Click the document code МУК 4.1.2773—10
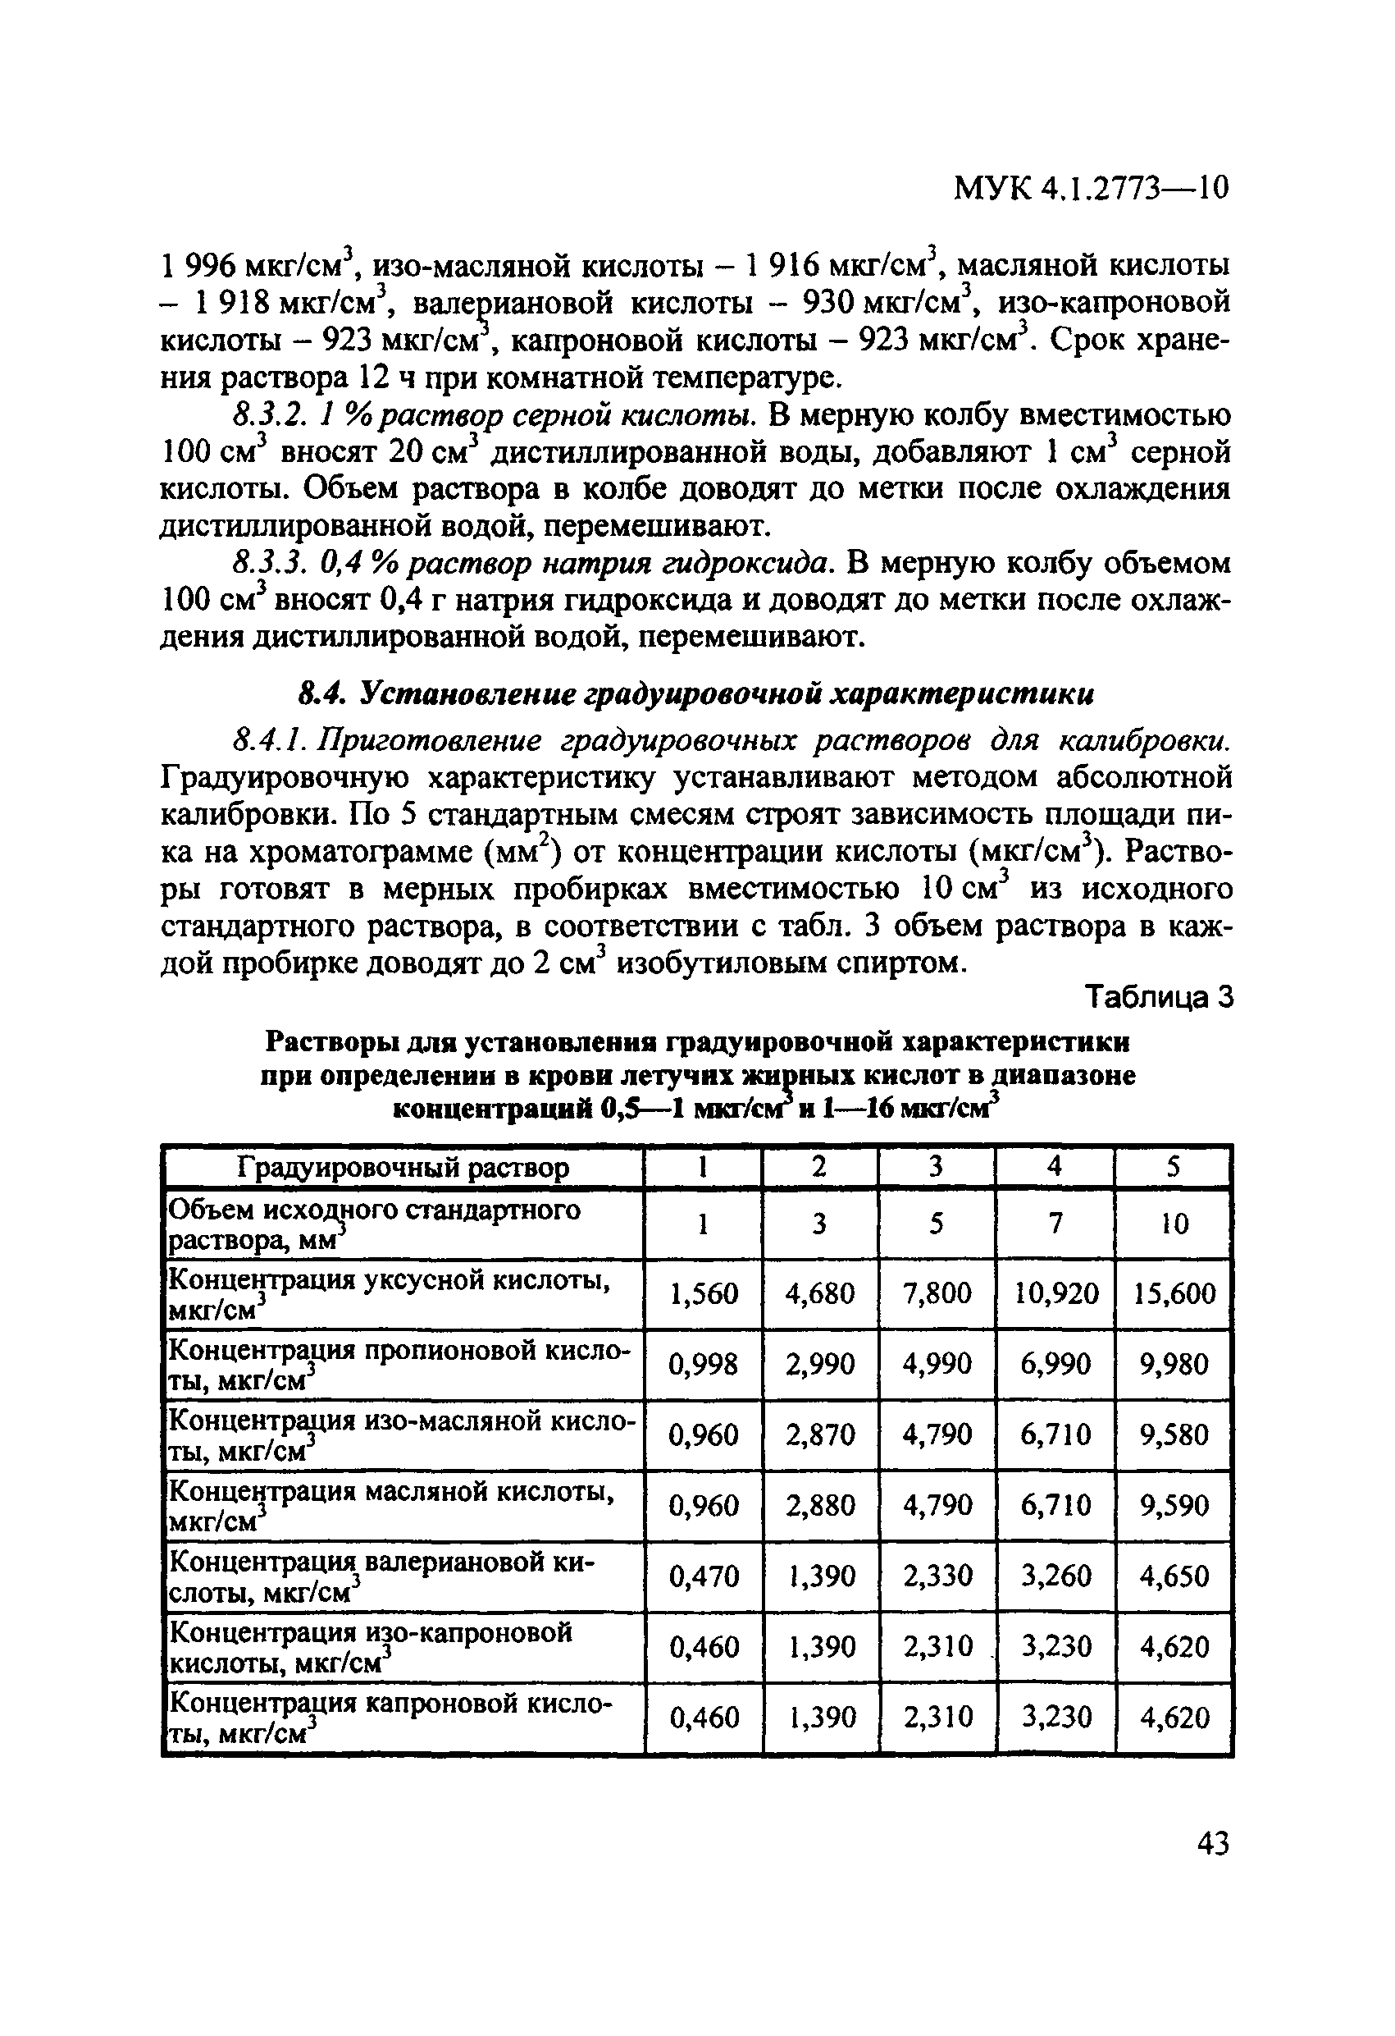click(1091, 186)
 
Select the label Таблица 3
click(1159, 996)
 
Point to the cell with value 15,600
click(1174, 1293)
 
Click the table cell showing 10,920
click(1055, 1293)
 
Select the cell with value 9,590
click(1174, 1505)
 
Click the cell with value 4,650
click(1174, 1576)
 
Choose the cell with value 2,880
click(821, 1505)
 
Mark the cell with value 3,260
click(1055, 1576)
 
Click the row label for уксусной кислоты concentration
click(390, 1293)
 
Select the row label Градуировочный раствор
click(403, 1168)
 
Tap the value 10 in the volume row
click(1174, 1223)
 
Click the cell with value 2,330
click(937, 1576)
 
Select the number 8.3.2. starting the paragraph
click(262, 414)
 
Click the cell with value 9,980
click(1174, 1363)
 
